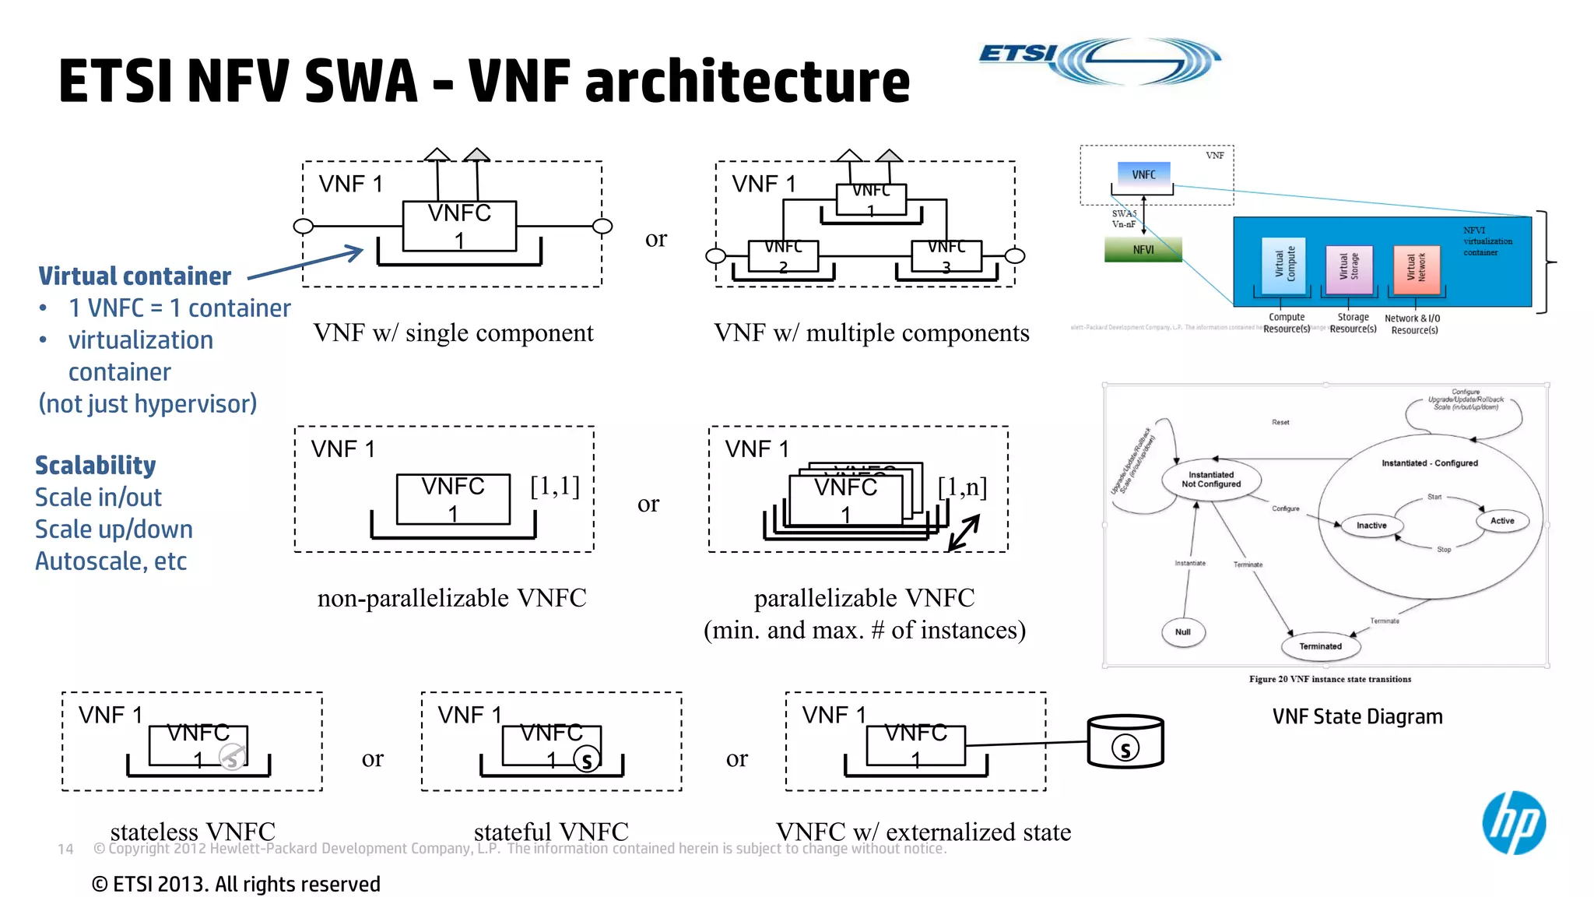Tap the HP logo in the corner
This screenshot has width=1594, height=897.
pos(1513,822)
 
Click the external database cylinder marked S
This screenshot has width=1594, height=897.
pos(1125,742)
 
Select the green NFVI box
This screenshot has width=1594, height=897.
pos(1143,249)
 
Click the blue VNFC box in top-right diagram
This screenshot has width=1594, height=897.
pos(1143,174)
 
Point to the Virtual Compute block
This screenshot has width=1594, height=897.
pos(1284,266)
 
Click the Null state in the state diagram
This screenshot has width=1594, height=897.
pos(1183,631)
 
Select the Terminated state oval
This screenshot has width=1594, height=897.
pos(1320,645)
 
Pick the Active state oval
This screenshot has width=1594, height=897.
pos(1501,521)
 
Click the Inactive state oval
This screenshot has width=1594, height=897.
pos(1371,526)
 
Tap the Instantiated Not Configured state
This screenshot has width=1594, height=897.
pos(1211,479)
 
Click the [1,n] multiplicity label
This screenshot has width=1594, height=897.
pos(962,487)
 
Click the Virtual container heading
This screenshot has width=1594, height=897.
pos(135,276)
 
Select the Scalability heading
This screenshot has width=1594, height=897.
pos(95,465)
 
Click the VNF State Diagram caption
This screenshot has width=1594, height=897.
pos(1357,716)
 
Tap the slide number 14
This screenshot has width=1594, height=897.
pos(65,849)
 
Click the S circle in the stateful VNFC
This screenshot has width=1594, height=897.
pos(587,759)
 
